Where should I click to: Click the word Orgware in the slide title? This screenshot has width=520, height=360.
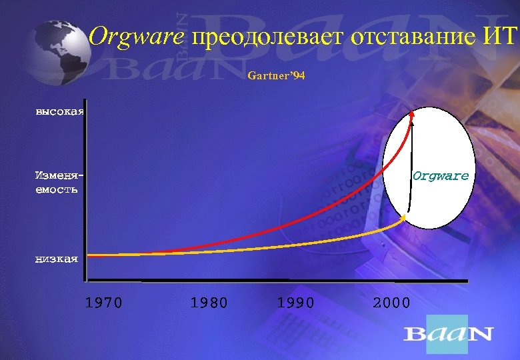(137, 37)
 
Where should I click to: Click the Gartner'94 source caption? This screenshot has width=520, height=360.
(276, 77)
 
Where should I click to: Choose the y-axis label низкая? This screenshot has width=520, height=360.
(56, 259)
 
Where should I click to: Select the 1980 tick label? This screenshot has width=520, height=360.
(209, 303)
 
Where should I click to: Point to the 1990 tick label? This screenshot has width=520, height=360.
(295, 303)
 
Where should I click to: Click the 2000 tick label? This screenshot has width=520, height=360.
(391, 303)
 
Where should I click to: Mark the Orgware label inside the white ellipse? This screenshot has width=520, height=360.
(441, 177)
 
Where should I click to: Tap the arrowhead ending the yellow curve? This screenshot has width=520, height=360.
(404, 217)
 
